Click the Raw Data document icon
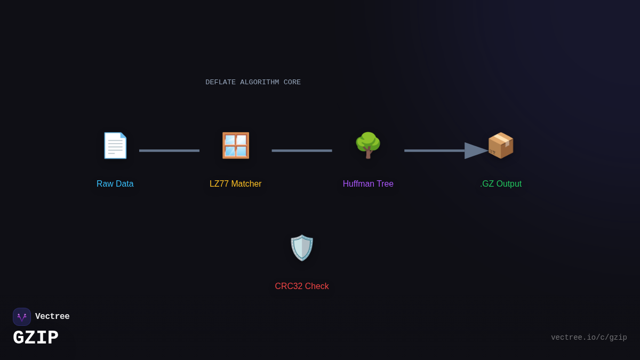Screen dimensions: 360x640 pos(115,146)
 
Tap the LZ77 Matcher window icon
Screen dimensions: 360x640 pos(236,146)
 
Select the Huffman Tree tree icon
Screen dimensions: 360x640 pos(368,146)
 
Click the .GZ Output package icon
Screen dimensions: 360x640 pos(501,146)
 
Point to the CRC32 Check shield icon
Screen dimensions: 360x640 pos(302,248)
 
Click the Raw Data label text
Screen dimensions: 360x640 pos(115,184)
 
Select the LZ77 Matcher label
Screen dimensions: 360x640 pos(236,184)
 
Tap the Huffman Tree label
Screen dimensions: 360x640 pos(368,184)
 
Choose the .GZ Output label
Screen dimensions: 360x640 pos(501,184)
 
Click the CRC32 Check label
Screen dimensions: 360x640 pos(302,286)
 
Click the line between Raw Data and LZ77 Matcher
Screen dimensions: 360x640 pos(169,151)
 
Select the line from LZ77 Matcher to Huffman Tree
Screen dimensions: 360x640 pos(302,151)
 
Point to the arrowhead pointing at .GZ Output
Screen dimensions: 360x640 pos(476,151)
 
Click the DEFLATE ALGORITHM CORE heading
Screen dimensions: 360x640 pos(253,83)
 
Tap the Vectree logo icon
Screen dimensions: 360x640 pos(22,317)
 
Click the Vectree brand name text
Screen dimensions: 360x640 pos(52,317)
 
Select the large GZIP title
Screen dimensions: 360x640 pos(36,338)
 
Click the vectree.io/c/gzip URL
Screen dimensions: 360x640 pos(589,338)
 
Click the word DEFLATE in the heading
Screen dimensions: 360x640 pos(220,83)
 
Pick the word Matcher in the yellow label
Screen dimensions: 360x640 pos(246,184)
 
